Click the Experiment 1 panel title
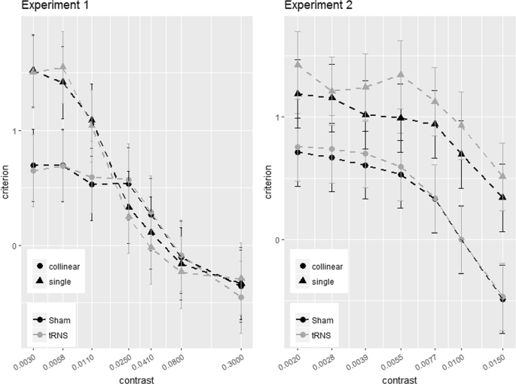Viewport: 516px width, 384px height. point(55,5)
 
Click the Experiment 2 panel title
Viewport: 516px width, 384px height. point(318,5)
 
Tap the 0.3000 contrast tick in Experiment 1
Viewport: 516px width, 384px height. point(234,361)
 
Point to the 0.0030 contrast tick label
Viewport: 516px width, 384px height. point(25,361)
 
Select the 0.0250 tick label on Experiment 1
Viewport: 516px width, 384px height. point(121,361)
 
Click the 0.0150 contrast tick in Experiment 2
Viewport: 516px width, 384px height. point(495,361)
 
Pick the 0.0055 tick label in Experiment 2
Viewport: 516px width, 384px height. point(393,361)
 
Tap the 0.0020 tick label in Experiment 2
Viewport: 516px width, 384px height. point(290,361)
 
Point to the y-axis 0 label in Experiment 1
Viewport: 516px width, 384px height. point(14,245)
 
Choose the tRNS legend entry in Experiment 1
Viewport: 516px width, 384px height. point(52,335)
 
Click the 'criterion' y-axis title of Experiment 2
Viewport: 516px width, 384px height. point(268,182)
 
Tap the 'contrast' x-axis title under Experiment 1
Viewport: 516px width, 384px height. point(136,380)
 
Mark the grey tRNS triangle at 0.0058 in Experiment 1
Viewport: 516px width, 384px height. point(63,67)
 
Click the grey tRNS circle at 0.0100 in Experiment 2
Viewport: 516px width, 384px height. point(461,239)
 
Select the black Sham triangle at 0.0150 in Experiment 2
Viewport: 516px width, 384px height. point(502,197)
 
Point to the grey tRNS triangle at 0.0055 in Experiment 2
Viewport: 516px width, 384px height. point(401,74)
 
